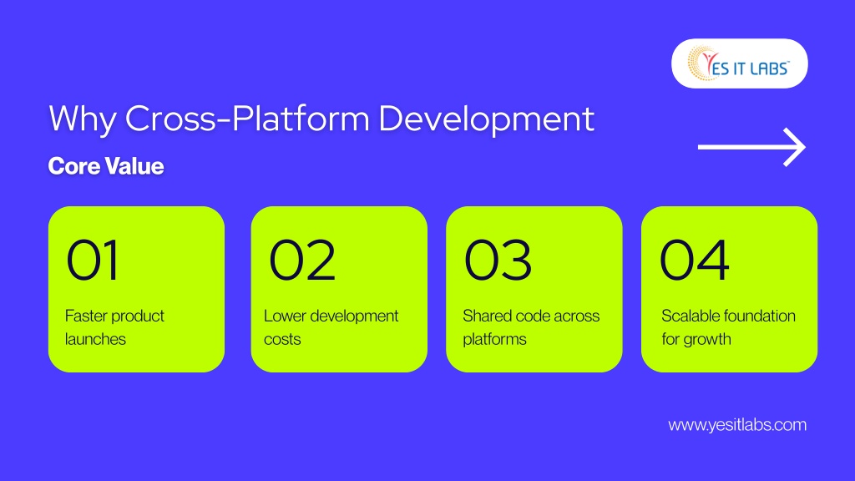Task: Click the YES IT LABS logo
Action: pyautogui.click(x=739, y=63)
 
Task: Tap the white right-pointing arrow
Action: pyautogui.click(x=751, y=147)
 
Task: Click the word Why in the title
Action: pyautogui.click(x=82, y=119)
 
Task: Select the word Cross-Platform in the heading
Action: pyautogui.click(x=247, y=119)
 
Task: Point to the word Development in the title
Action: pyautogui.click(x=487, y=119)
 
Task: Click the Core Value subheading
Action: pyautogui.click(x=106, y=166)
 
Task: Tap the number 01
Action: pyautogui.click(x=92, y=261)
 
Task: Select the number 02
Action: pyautogui.click(x=302, y=261)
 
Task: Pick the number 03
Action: pyautogui.click(x=498, y=261)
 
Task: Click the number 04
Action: pyautogui.click(x=694, y=261)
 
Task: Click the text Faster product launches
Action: pyautogui.click(x=114, y=327)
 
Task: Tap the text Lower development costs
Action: pyautogui.click(x=331, y=327)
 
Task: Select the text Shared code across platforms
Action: pyautogui.click(x=531, y=327)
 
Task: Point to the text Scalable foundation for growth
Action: pyautogui.click(x=728, y=327)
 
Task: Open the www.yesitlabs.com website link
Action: pyautogui.click(x=737, y=425)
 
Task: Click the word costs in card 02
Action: pyautogui.click(x=282, y=339)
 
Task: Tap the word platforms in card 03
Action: pyautogui.click(x=494, y=340)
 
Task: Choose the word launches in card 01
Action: pyautogui.click(x=95, y=339)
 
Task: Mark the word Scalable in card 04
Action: pyautogui.click(x=688, y=316)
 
